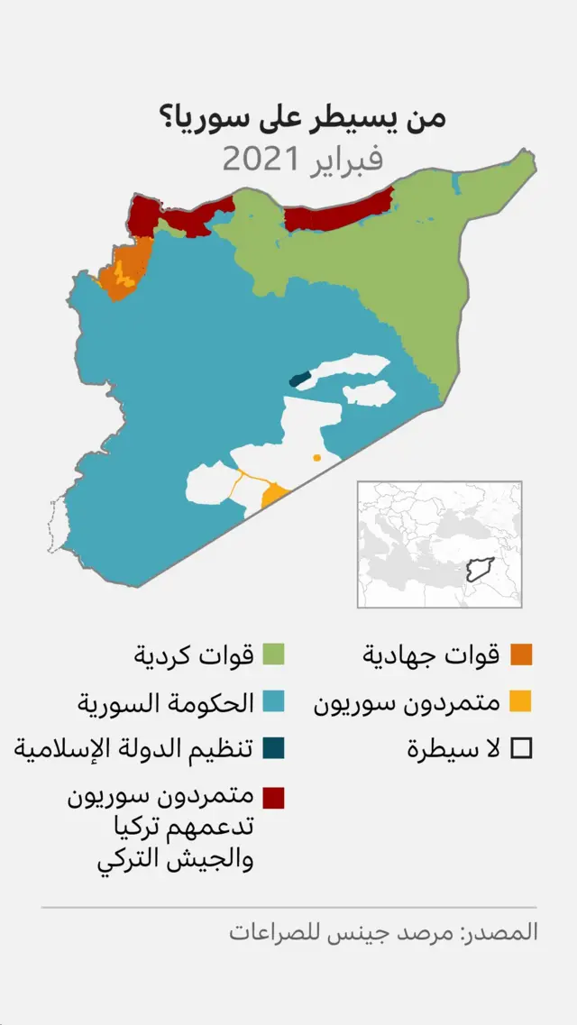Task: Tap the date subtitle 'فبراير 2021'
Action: click(x=302, y=160)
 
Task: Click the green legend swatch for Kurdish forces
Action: click(x=274, y=654)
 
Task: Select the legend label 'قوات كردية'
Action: click(x=194, y=654)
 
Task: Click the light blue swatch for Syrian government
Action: click(x=274, y=701)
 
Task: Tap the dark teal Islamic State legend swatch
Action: click(x=274, y=748)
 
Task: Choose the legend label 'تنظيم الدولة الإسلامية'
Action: click(x=132, y=748)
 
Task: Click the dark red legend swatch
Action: click(x=274, y=797)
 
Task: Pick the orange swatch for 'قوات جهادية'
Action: click(x=521, y=654)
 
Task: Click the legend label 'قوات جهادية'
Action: click(x=431, y=654)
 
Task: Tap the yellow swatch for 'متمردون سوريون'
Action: click(x=521, y=701)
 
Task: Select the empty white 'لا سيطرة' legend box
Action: click(x=521, y=748)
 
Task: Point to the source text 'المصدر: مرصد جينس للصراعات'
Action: click(x=383, y=931)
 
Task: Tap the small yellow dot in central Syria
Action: click(x=316, y=458)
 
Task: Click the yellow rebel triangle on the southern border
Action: click(x=274, y=495)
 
